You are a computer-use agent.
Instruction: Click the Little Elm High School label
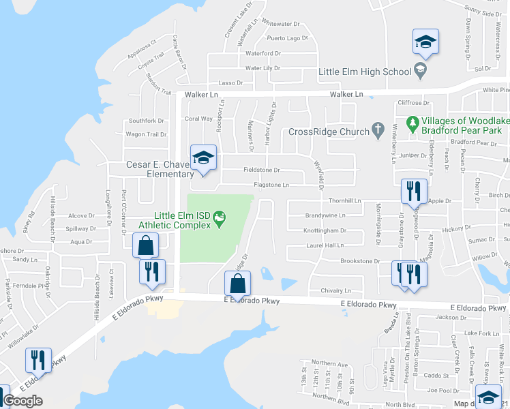(365, 72)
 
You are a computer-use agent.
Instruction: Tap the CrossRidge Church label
(329, 132)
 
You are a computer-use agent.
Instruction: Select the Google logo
(22, 401)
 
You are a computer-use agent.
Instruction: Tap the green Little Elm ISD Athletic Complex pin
(220, 219)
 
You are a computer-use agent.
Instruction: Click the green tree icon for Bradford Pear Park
(412, 123)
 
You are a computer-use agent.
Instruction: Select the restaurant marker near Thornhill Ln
(414, 192)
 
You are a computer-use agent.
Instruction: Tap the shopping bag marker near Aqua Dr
(146, 246)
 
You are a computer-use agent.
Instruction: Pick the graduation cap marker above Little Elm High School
(425, 43)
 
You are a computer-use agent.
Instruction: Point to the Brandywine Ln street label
(325, 215)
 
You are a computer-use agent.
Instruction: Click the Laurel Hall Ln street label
(325, 245)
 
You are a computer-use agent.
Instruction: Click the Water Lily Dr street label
(262, 68)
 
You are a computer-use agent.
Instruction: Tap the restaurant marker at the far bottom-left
(38, 361)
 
